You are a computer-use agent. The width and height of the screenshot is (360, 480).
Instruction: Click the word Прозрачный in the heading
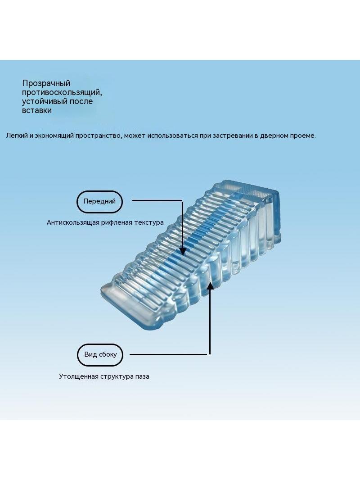click(x=46, y=83)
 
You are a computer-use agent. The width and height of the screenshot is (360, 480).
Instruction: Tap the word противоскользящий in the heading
click(x=62, y=92)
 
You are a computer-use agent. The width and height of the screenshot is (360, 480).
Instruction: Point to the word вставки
click(x=37, y=110)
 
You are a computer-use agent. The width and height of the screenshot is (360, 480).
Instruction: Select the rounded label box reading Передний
click(x=99, y=202)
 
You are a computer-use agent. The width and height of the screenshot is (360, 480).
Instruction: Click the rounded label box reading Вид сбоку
click(x=100, y=355)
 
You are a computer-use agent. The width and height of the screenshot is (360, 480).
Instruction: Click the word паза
click(x=142, y=376)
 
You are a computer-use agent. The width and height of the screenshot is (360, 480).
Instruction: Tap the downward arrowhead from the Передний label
click(x=183, y=252)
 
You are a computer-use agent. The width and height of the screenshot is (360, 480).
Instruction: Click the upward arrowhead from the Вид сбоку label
click(x=210, y=285)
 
